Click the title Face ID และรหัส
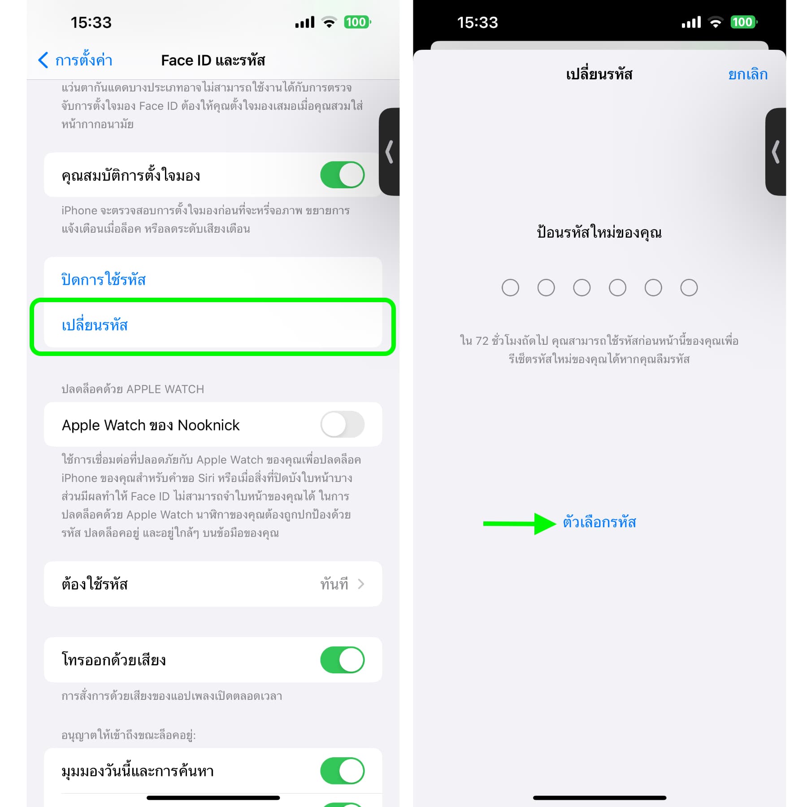point(213,60)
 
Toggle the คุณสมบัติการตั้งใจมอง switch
point(342,174)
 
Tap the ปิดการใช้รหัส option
point(104,279)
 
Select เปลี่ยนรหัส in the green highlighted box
point(95,324)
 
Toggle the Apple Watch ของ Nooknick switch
point(342,424)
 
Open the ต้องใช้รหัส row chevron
point(361,584)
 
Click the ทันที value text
point(334,584)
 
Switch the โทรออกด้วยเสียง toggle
point(342,659)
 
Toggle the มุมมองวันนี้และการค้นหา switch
point(342,771)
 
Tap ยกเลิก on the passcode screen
point(748,74)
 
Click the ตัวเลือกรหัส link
point(599,522)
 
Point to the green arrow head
point(545,524)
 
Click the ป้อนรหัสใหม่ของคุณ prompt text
point(599,232)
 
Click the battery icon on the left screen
point(357,22)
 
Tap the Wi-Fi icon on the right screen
point(716,22)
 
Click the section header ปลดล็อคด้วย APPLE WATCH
point(133,389)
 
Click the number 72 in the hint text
point(482,341)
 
